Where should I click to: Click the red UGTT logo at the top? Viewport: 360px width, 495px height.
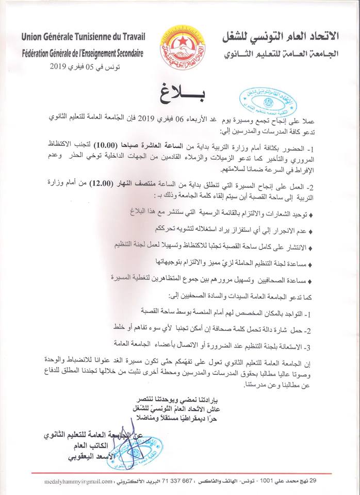click(x=180, y=42)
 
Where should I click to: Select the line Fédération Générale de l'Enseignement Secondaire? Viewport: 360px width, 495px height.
click(x=83, y=53)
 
